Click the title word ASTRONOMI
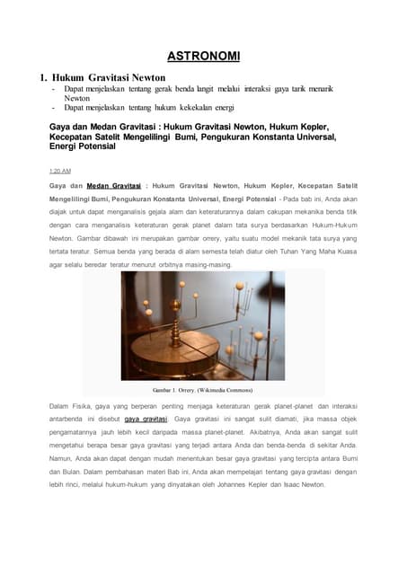[203, 57]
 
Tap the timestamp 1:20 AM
[60, 170]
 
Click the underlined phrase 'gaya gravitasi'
[146, 420]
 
